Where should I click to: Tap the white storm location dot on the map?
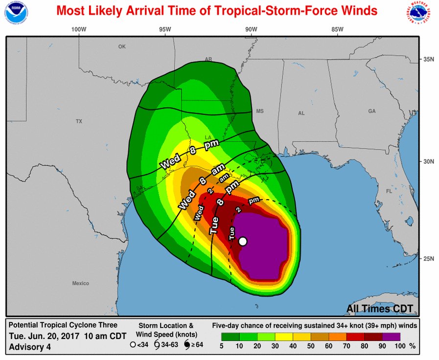pyautogui.click(x=242, y=241)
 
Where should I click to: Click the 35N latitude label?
pyautogui.click(x=429, y=59)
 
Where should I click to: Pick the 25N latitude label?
pyautogui.click(x=429, y=258)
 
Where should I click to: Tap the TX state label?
pyautogui.click(x=79, y=121)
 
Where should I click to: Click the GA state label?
pyautogui.click(x=372, y=111)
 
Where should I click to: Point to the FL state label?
pyautogui.click(x=390, y=191)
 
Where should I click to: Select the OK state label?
pyautogui.click(x=122, y=46)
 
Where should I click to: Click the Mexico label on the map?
pyautogui.click(x=81, y=283)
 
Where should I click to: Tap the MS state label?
pyautogui.click(x=259, y=111)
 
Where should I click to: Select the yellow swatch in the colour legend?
pyautogui.click(x=285, y=337)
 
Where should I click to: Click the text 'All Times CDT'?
pyautogui.click(x=380, y=309)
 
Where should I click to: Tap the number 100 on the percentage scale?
pyautogui.click(x=400, y=346)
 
